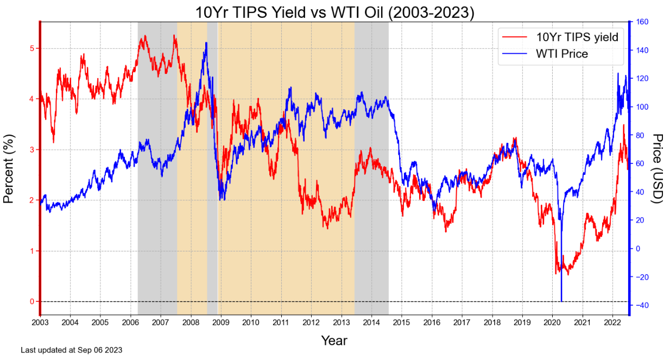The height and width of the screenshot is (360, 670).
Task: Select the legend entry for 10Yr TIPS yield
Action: (577, 37)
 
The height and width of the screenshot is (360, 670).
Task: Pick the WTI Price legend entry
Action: (561, 54)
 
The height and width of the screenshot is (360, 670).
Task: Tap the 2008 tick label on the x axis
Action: (191, 323)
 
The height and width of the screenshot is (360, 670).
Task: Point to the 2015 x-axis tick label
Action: (402, 323)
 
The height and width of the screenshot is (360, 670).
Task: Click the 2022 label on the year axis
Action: (612, 323)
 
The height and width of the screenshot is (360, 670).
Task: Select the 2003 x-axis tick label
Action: (40, 323)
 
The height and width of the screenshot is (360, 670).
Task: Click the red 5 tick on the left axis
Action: (32, 48)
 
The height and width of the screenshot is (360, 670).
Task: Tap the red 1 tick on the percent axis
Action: (32, 251)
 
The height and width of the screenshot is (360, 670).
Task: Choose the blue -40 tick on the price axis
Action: (641, 306)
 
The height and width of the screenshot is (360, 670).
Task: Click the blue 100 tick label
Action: (641, 107)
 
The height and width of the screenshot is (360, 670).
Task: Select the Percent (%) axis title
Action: (9, 168)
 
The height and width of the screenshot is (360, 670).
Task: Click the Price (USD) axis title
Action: (658, 168)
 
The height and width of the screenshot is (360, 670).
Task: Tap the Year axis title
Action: (334, 341)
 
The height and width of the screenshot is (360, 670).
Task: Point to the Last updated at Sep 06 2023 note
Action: (72, 350)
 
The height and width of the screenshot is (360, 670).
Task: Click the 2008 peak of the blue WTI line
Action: (206, 43)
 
